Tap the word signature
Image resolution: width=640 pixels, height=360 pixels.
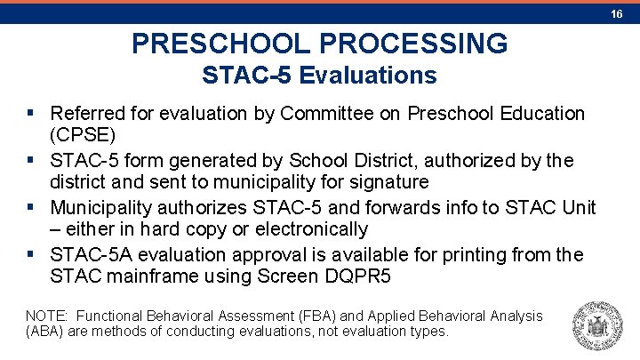click(389, 182)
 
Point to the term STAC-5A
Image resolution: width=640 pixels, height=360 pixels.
click(88, 255)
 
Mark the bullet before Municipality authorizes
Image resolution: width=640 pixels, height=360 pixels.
click(32, 208)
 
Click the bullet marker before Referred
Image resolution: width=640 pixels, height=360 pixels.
click(32, 114)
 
